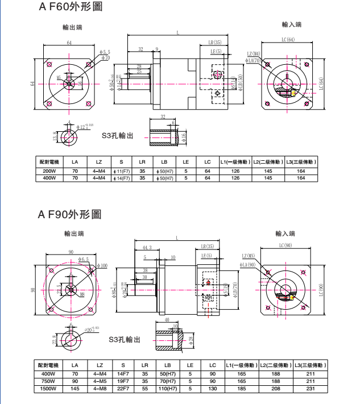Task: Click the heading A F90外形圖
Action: pyautogui.click(x=69, y=214)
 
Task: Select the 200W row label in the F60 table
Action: pyautogui.click(x=49, y=170)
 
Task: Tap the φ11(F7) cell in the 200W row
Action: pyautogui.click(x=122, y=170)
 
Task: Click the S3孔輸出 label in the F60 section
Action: pyautogui.click(x=118, y=135)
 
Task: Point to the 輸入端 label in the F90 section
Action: pyautogui.click(x=285, y=234)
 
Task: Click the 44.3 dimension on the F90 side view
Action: pyautogui.click(x=146, y=248)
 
